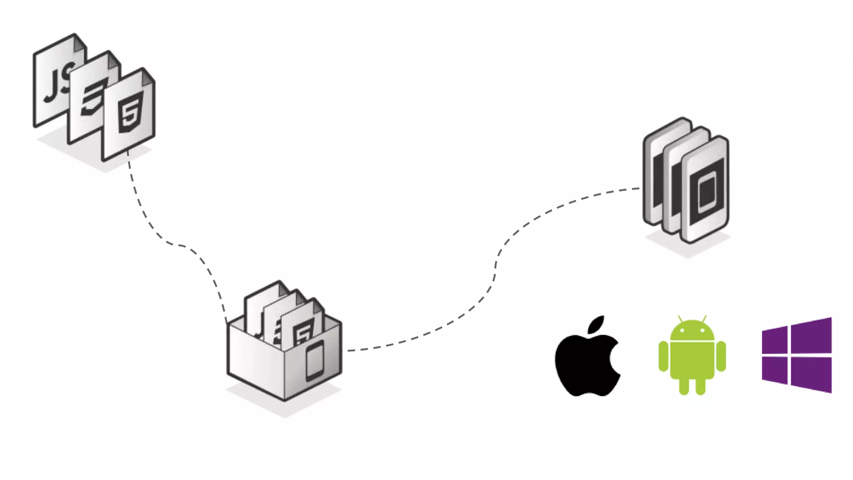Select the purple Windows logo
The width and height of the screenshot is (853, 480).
point(796,355)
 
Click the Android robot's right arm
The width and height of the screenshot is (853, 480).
point(721,356)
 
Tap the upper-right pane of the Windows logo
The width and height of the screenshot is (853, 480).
point(811,335)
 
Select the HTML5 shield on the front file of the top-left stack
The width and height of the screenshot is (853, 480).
point(130,112)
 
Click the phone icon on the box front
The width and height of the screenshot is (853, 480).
point(315,360)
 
